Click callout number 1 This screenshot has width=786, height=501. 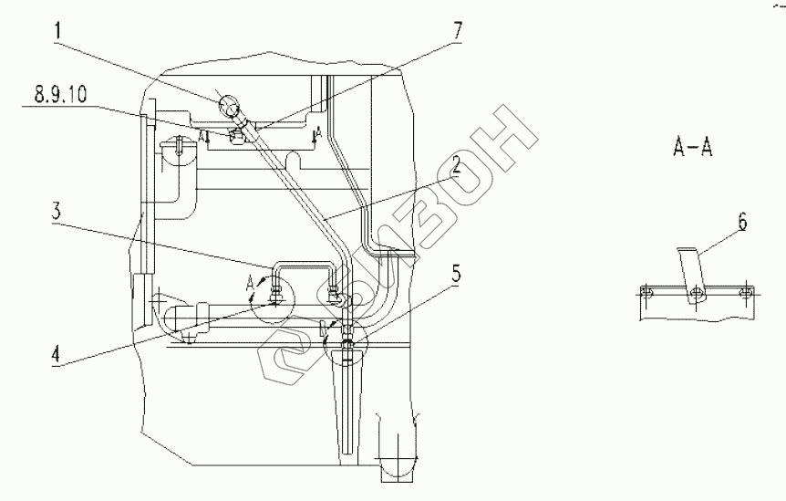point(57,31)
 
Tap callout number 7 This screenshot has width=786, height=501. point(457,31)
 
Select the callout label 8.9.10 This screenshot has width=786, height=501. point(61,94)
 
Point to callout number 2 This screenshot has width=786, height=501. point(455,165)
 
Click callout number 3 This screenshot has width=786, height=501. point(57,211)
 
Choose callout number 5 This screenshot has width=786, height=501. point(456,275)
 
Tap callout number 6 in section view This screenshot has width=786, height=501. point(742,222)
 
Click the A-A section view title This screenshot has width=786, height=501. point(692,147)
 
